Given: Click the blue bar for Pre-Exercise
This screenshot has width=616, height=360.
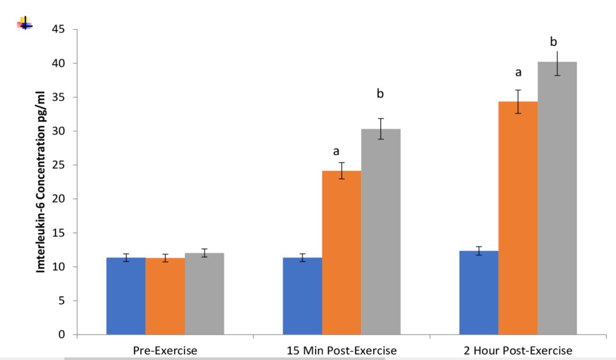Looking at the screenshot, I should coord(126,296).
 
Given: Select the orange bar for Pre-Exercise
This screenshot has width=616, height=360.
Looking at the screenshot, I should coord(165,296).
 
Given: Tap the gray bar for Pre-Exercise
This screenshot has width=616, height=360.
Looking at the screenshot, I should coord(204,294).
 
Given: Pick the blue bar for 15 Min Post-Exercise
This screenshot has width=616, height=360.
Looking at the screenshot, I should coord(302,296).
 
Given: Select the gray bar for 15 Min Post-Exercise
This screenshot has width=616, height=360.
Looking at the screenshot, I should coord(381,232).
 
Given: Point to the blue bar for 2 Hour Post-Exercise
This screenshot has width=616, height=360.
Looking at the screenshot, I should coord(479,293).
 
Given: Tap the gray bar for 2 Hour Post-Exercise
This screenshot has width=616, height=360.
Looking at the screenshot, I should coord(557,198).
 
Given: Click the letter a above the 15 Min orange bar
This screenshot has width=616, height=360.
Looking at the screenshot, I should coord(336,151).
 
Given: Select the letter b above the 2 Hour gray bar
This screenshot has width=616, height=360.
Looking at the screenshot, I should coord(554,42).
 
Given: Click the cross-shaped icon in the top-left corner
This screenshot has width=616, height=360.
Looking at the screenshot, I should coord(25,23).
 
